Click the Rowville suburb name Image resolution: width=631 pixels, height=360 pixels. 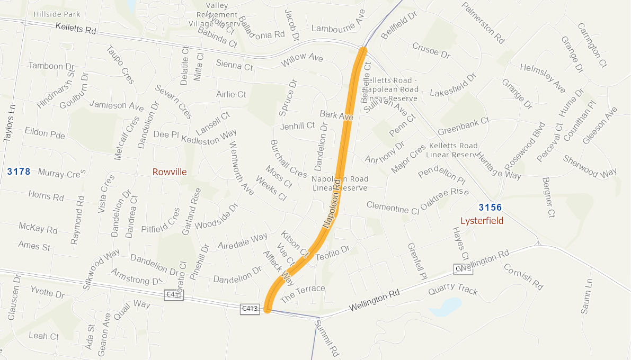170,172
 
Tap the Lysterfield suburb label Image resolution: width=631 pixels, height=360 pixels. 482,220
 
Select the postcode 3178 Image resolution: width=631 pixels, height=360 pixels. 19,172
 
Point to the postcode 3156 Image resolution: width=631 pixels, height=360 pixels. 490,208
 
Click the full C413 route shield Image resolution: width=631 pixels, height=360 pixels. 250,309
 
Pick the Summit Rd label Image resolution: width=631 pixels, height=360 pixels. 326,337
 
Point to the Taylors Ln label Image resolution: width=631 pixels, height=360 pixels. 8,122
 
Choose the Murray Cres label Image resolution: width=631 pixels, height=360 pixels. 61,173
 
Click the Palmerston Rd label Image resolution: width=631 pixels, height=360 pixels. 483,22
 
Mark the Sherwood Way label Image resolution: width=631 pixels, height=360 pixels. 590,166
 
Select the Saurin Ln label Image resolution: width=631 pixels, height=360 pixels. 586,296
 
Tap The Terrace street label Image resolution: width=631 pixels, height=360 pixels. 303,293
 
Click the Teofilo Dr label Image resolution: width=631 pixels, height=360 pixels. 333,253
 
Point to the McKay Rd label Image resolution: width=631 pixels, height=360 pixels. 38,228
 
